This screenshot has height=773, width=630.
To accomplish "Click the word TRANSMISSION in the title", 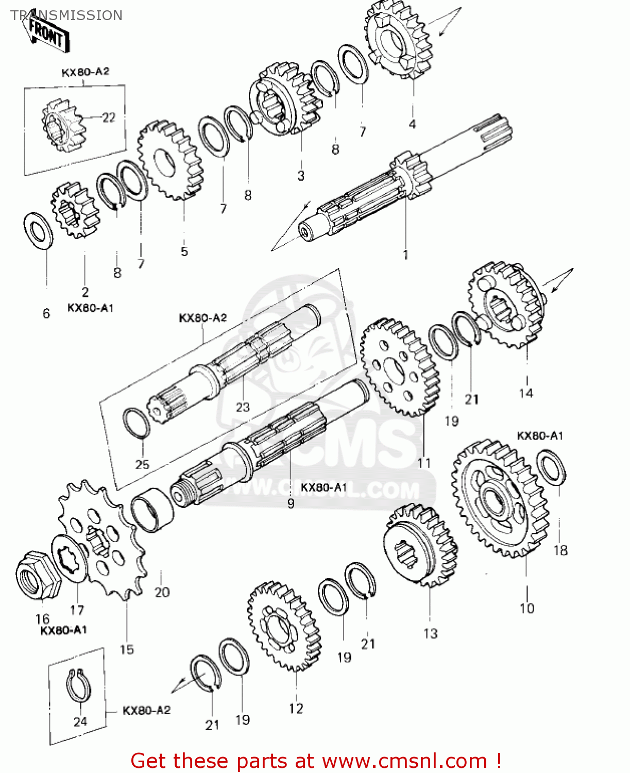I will (66, 15).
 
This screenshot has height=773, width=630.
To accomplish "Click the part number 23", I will (242, 407).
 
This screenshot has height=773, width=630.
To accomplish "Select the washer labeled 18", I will (551, 467).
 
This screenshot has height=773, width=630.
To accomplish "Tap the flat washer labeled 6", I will (38, 229).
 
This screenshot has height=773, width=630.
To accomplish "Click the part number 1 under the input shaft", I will (405, 255).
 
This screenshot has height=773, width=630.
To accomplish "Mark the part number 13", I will (430, 633).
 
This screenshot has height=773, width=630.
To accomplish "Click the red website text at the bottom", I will (315, 761).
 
